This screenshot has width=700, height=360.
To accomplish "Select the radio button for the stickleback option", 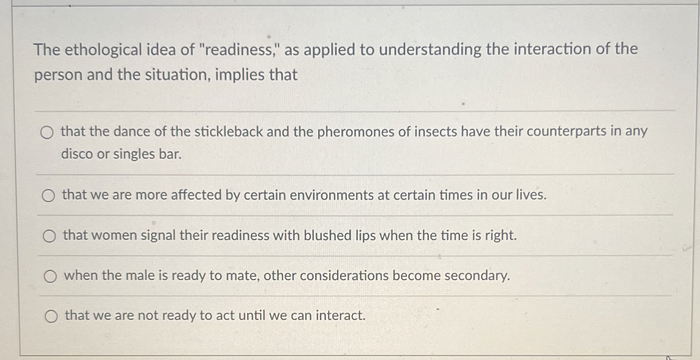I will click(47, 133).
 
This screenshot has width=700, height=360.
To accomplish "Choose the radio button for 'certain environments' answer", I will click(48, 195).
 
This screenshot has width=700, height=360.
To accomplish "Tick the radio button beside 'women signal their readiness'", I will click(49, 236).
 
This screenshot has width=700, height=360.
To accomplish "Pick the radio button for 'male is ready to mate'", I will click(50, 276).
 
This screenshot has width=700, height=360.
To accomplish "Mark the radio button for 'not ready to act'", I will click(51, 316).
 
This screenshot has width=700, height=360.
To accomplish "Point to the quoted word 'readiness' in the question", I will click(238, 50).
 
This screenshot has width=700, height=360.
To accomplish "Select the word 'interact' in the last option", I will click(340, 316).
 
